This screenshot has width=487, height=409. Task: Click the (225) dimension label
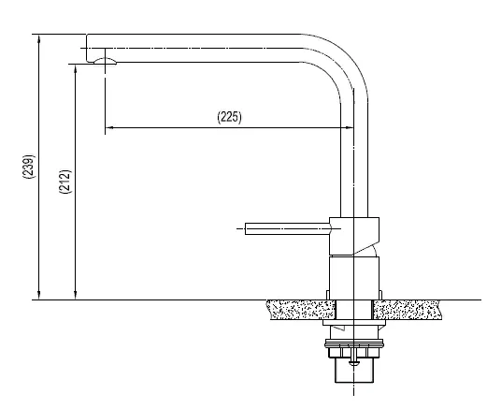pyautogui.click(x=229, y=117)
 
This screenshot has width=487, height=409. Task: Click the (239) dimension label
pyautogui.click(x=29, y=167)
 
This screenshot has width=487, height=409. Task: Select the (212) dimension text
pyautogui.click(x=65, y=182)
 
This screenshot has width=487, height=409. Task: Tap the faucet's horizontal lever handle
pyautogui.click(x=288, y=228)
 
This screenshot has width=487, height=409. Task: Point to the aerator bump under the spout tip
pyautogui.click(x=105, y=61)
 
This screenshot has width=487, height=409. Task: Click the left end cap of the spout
pyautogui.click(x=89, y=48)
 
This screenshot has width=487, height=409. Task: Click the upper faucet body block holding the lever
pyautogui.click(x=354, y=236)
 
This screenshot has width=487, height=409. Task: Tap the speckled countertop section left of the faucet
pyautogui.click(x=301, y=310)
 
